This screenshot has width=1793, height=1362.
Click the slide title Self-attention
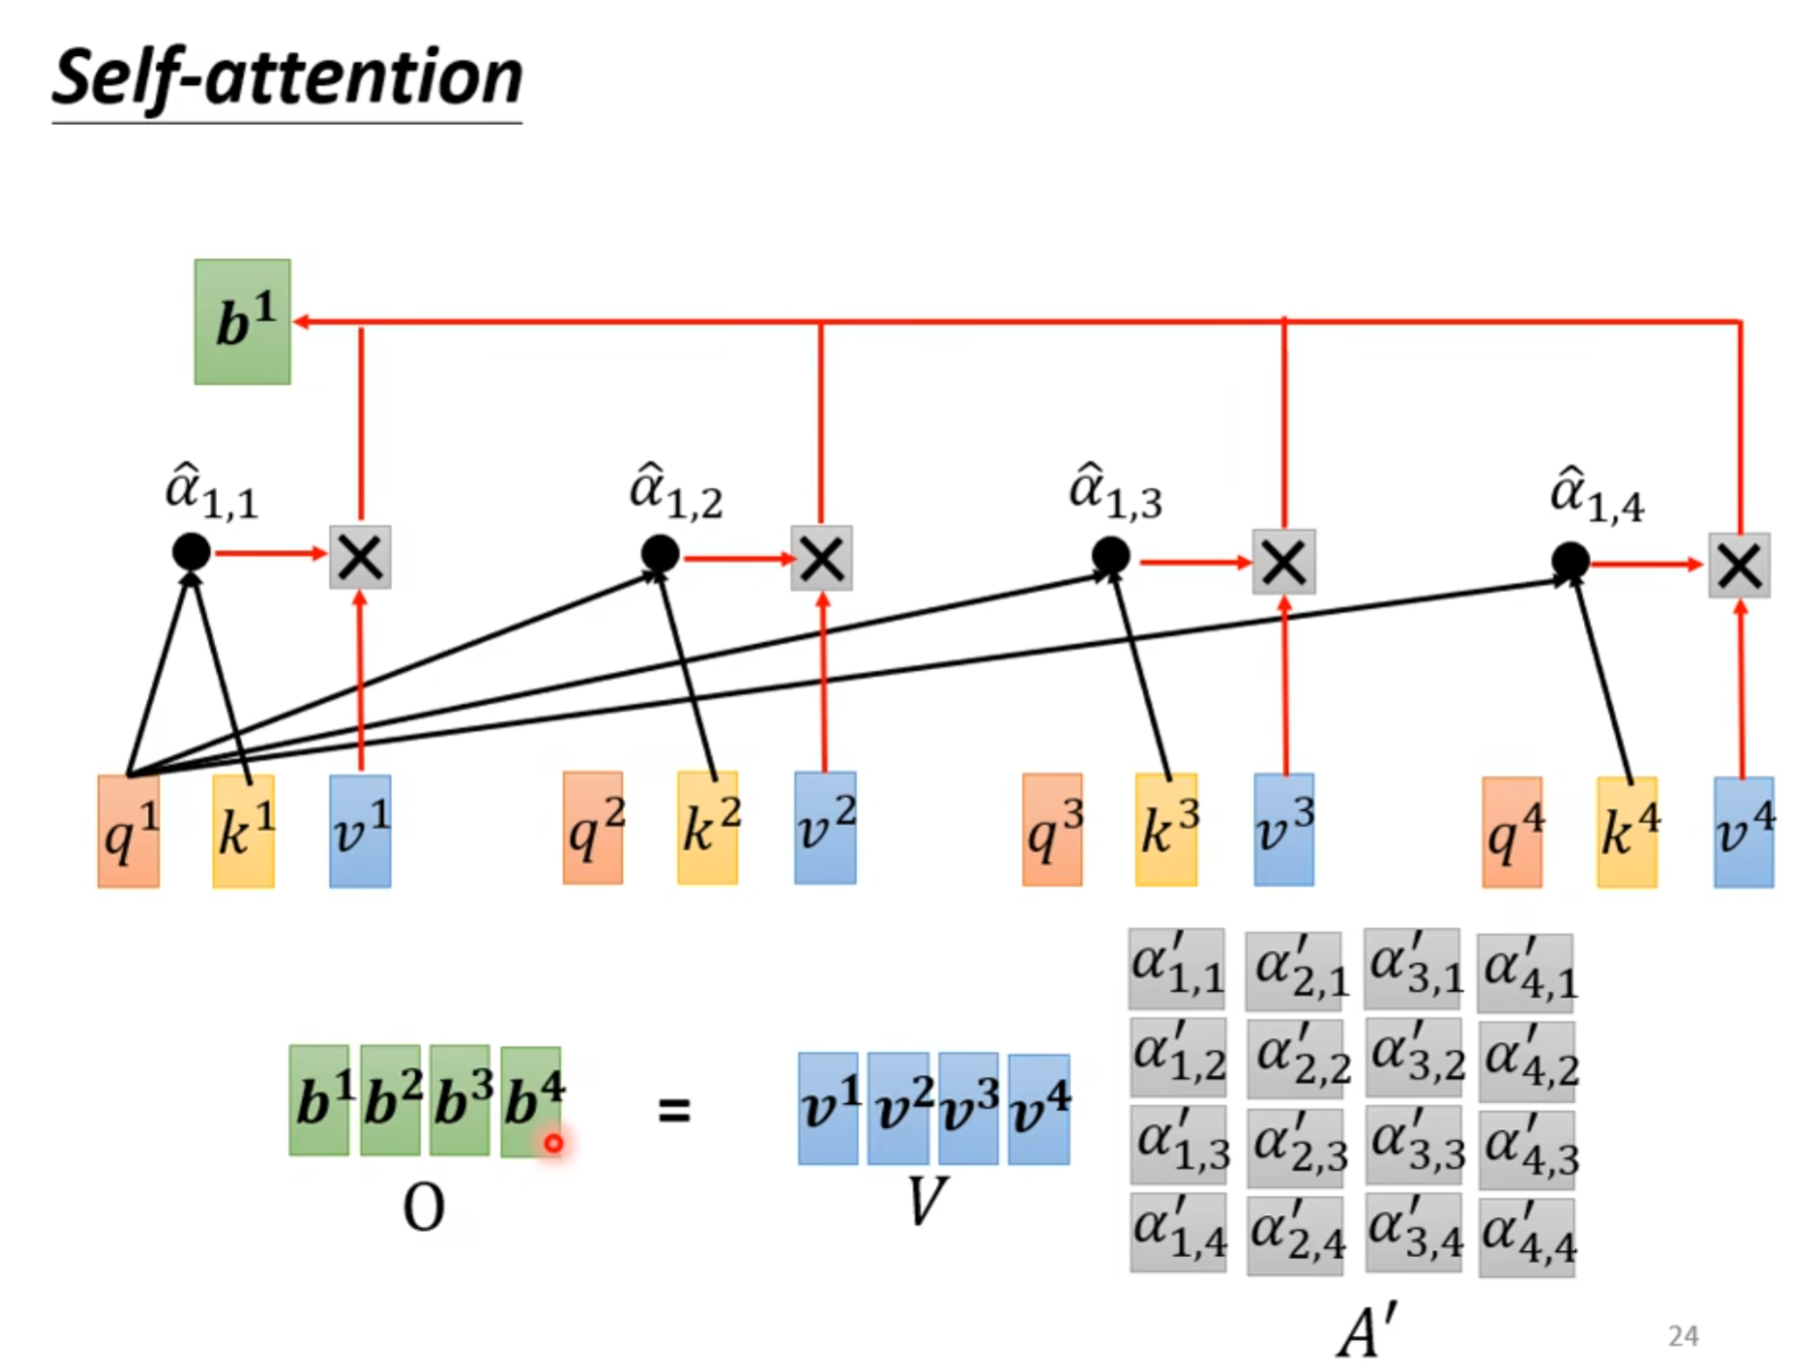click(287, 79)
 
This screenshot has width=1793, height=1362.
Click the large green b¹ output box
click(242, 321)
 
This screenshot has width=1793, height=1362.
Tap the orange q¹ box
click(129, 830)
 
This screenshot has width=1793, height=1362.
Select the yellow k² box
click(707, 827)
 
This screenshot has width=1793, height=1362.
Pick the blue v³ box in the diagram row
click(1283, 828)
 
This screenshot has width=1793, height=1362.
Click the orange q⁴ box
click(1511, 831)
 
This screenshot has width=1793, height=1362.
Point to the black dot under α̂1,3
click(1110, 555)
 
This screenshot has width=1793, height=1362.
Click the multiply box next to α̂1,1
click(360, 556)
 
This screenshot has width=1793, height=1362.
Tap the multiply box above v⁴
click(1739, 565)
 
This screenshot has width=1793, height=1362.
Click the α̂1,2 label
click(676, 492)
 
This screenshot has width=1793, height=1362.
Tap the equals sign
click(674, 1111)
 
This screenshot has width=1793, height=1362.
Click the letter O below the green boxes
click(424, 1207)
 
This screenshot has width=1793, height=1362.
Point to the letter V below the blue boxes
click(926, 1201)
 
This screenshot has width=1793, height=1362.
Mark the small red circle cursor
click(553, 1142)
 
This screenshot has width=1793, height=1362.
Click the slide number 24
click(1683, 1336)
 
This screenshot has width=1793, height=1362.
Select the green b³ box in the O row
click(460, 1100)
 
